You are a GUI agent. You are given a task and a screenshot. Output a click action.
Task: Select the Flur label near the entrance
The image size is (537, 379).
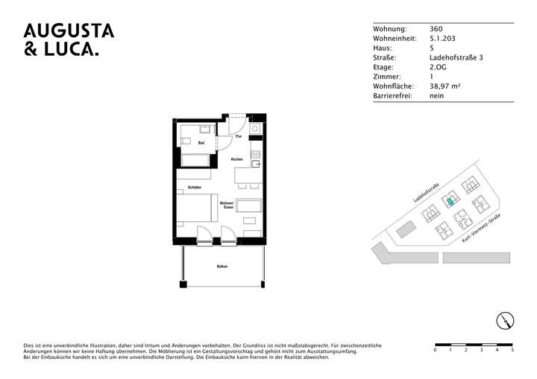click(x=238, y=138)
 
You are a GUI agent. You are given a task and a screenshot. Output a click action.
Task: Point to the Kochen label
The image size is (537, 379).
click(x=236, y=160)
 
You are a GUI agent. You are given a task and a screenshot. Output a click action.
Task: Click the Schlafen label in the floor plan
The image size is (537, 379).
click(x=195, y=187)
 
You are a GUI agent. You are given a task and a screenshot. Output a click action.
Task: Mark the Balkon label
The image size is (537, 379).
click(x=222, y=267)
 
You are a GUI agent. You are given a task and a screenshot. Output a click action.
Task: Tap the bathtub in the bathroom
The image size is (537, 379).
click(x=195, y=159)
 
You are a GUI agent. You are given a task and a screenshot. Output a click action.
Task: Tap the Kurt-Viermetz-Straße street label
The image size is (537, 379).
click(x=480, y=229)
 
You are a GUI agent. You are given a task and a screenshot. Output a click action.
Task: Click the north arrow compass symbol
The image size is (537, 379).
click(x=505, y=321)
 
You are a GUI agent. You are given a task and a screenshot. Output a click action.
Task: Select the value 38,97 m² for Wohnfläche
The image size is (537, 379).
click(x=445, y=86)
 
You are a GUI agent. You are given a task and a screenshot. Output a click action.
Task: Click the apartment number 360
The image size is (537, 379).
click(x=436, y=28)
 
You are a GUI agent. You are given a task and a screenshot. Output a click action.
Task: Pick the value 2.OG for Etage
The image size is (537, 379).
click(x=439, y=67)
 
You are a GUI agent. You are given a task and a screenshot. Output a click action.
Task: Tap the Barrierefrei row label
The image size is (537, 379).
click(x=392, y=96)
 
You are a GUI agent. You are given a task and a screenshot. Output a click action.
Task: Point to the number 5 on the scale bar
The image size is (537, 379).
click(x=512, y=350)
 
